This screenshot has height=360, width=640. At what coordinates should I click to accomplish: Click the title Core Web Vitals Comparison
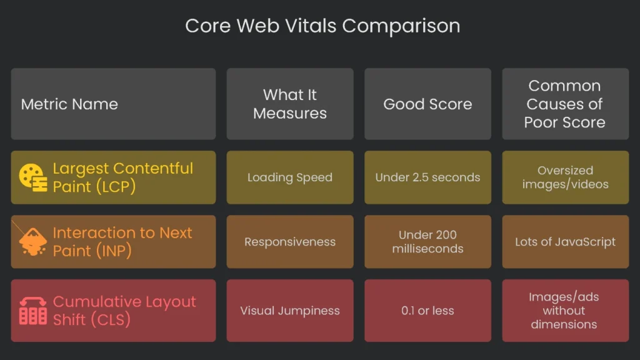click(x=322, y=26)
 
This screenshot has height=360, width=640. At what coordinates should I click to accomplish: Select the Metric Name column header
click(x=69, y=104)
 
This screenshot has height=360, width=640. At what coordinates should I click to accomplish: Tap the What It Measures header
click(x=290, y=104)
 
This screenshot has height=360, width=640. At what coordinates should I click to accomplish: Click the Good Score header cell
click(x=427, y=104)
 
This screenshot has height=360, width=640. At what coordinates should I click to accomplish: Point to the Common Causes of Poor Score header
click(x=565, y=104)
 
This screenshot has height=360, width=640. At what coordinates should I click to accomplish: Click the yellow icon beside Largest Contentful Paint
click(x=32, y=177)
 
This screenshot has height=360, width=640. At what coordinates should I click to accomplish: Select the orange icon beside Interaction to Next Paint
click(x=32, y=242)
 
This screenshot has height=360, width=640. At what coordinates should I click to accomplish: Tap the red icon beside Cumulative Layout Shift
click(x=32, y=311)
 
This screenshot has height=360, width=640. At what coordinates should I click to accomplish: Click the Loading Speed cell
click(x=290, y=177)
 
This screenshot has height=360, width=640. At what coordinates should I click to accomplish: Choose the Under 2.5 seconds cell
click(x=427, y=177)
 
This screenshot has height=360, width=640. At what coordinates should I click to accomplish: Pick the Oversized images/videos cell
click(x=565, y=177)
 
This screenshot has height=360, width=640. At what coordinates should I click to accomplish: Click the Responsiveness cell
click(x=290, y=242)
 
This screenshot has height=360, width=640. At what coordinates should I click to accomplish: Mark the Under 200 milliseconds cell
click(x=427, y=242)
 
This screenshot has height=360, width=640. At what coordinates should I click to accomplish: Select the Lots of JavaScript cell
click(x=565, y=242)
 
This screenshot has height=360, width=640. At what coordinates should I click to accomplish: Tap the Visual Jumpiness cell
click(x=290, y=311)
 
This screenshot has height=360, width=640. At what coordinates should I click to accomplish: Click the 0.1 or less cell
click(x=427, y=311)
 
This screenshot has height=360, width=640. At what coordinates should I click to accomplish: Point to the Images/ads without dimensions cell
click(x=565, y=311)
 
